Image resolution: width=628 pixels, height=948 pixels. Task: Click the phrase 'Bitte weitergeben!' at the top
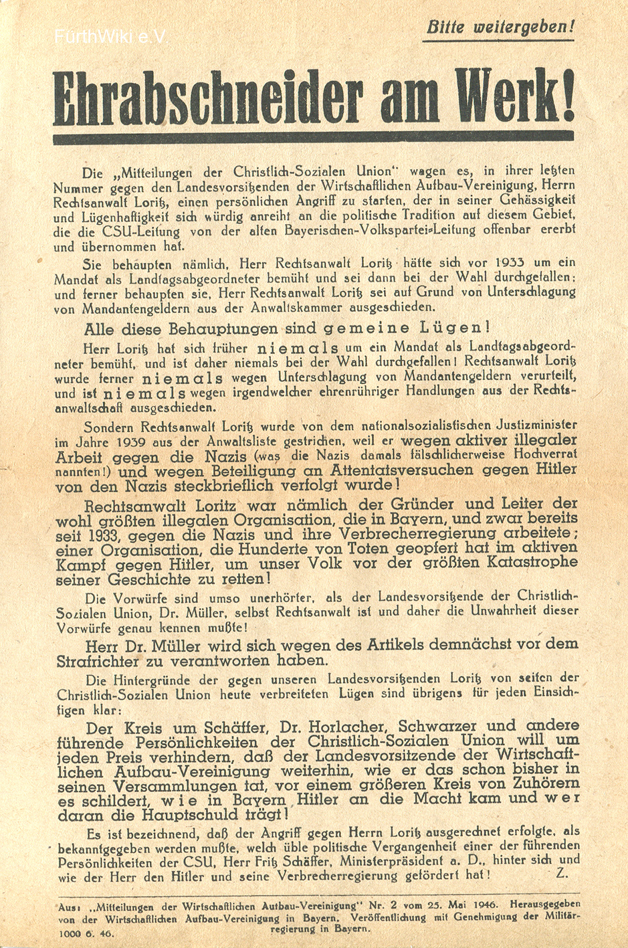tap(500, 27)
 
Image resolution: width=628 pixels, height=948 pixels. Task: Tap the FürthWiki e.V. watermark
tap(111, 36)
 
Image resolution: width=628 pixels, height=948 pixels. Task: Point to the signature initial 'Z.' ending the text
tap(561, 874)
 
